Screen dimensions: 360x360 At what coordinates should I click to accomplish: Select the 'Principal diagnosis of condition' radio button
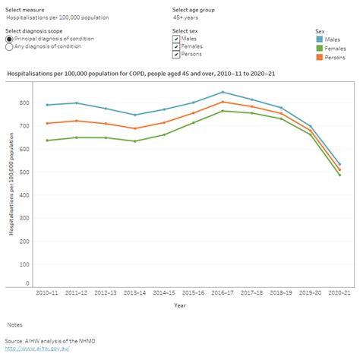9,39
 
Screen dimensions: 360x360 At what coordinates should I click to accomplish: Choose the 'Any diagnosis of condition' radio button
9,46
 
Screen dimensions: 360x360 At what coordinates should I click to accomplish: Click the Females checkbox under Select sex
176,46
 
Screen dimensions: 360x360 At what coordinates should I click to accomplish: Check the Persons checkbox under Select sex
176,55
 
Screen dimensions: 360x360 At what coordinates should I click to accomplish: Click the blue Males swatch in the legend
319,39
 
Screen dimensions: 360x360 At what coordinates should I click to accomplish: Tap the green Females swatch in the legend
319,49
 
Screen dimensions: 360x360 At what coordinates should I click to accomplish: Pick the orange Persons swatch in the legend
319,57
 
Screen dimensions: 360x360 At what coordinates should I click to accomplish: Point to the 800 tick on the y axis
26,103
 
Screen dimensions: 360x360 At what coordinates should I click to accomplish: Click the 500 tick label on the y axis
26,172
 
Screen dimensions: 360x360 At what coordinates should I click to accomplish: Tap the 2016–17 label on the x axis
222,292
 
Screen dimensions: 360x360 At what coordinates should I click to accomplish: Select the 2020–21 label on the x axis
339,292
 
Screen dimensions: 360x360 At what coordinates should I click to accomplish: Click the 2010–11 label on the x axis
46,292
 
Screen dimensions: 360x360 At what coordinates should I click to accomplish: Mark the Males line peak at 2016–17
222,92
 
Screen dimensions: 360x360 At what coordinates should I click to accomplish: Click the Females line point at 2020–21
339,175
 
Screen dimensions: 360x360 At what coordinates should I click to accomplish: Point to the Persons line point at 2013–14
134,128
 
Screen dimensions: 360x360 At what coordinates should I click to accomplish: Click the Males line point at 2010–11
46,105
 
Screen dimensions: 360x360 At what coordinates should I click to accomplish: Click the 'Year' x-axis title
178,305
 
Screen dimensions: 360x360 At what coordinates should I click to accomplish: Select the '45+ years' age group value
186,17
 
